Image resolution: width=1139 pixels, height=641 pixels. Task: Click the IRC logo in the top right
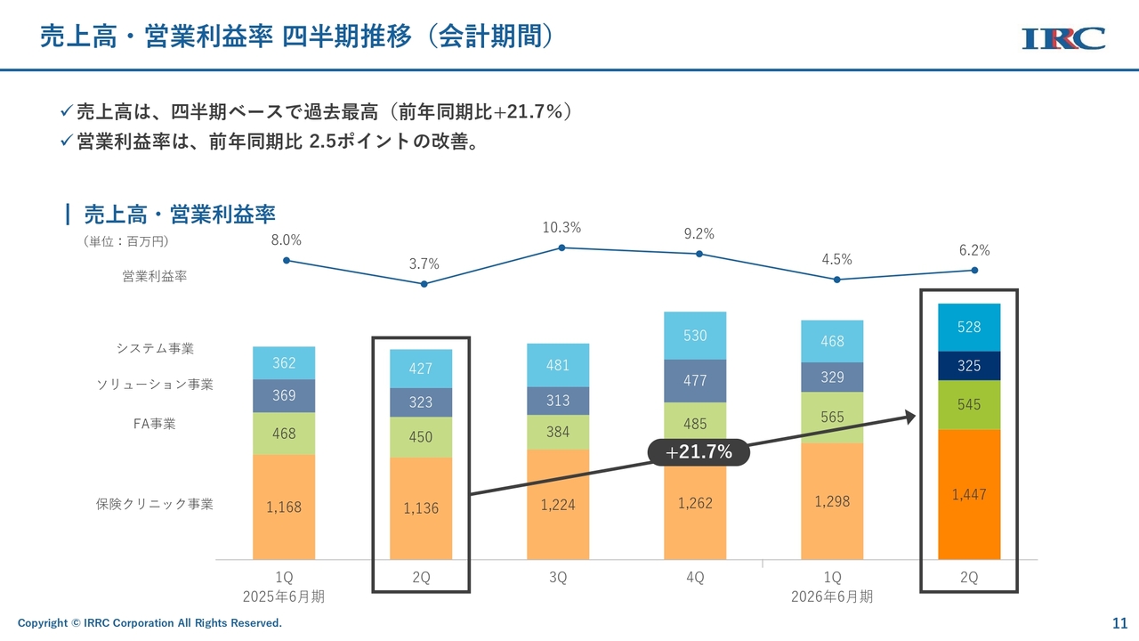pos(1063,38)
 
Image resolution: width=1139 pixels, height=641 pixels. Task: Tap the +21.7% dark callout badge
pos(699,452)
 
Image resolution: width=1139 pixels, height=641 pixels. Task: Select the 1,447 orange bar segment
pos(969,494)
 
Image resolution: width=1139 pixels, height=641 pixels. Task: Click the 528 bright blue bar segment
pos(969,327)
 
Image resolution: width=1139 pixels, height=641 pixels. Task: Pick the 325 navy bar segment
pos(969,366)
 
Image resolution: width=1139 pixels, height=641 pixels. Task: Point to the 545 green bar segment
pos(969,404)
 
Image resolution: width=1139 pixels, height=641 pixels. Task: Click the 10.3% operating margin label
pos(561,228)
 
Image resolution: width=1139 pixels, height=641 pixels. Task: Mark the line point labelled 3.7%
pos(424,284)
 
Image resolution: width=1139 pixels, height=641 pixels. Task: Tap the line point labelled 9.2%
pos(699,254)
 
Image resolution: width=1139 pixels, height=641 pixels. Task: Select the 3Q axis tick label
pos(558,578)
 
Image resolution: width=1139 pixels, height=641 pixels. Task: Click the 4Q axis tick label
pos(695,578)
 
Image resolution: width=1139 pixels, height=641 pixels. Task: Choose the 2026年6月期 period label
pos(832,596)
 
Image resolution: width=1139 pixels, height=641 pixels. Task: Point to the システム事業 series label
pos(155,348)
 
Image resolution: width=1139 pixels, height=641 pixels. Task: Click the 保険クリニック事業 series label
pos(155,504)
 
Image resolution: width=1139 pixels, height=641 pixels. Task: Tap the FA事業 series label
pos(155,424)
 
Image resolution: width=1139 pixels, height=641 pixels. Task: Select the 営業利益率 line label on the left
pos(155,277)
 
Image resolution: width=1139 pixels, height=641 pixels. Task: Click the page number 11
pos(1119,622)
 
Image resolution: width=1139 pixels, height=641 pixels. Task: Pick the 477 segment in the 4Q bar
pos(695,380)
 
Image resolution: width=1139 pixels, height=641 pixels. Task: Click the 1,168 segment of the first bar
pos(284,507)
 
